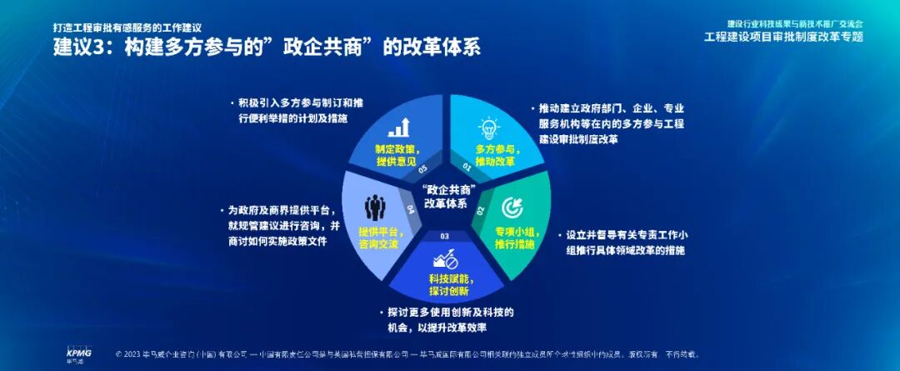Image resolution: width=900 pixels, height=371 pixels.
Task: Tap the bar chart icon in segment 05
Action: pyautogui.click(x=400, y=127)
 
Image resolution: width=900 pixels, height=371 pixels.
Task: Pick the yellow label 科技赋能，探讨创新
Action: pyautogui.click(x=449, y=284)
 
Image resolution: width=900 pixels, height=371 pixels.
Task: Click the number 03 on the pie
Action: pyautogui.click(x=445, y=238)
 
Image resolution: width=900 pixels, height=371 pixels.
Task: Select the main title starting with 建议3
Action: pyautogui.click(x=267, y=48)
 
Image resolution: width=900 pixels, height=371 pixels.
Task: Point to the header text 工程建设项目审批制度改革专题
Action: pyautogui.click(x=782, y=37)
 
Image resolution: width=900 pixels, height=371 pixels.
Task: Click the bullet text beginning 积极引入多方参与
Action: pyautogui.click(x=299, y=111)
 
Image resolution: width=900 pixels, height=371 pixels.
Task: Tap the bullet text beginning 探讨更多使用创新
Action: pyautogui.click(x=450, y=319)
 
